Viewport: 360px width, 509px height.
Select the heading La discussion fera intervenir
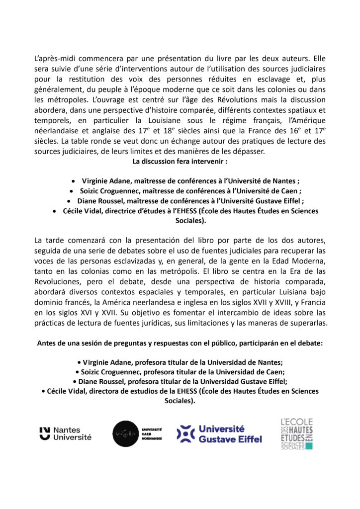point(180,162)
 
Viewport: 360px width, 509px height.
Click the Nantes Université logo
point(65,433)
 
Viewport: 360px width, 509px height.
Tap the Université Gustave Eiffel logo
point(219,434)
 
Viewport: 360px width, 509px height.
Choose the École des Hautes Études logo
point(296,433)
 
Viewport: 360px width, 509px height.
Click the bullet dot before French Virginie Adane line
point(74,181)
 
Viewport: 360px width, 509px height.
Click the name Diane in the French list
point(88,201)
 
